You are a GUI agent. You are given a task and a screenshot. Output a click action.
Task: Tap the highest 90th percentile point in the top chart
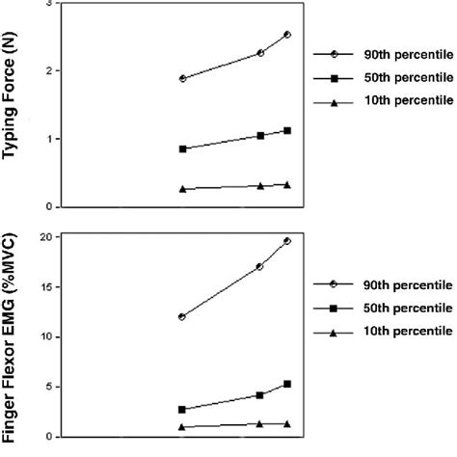tap(287, 35)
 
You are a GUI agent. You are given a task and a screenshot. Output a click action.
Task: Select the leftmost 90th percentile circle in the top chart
tap(182, 78)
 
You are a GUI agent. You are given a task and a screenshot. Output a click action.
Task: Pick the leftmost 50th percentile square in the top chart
tap(182, 148)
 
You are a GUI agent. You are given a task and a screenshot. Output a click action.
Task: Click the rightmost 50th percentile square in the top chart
tap(287, 130)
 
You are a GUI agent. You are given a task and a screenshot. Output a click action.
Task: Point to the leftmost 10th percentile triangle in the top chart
tap(182, 189)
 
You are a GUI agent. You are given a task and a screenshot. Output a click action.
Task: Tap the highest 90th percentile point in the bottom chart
tap(287, 241)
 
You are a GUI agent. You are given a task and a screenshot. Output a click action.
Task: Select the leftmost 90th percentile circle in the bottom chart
tap(182, 316)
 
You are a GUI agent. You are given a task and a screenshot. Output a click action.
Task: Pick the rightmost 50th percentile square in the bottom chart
tap(287, 384)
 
